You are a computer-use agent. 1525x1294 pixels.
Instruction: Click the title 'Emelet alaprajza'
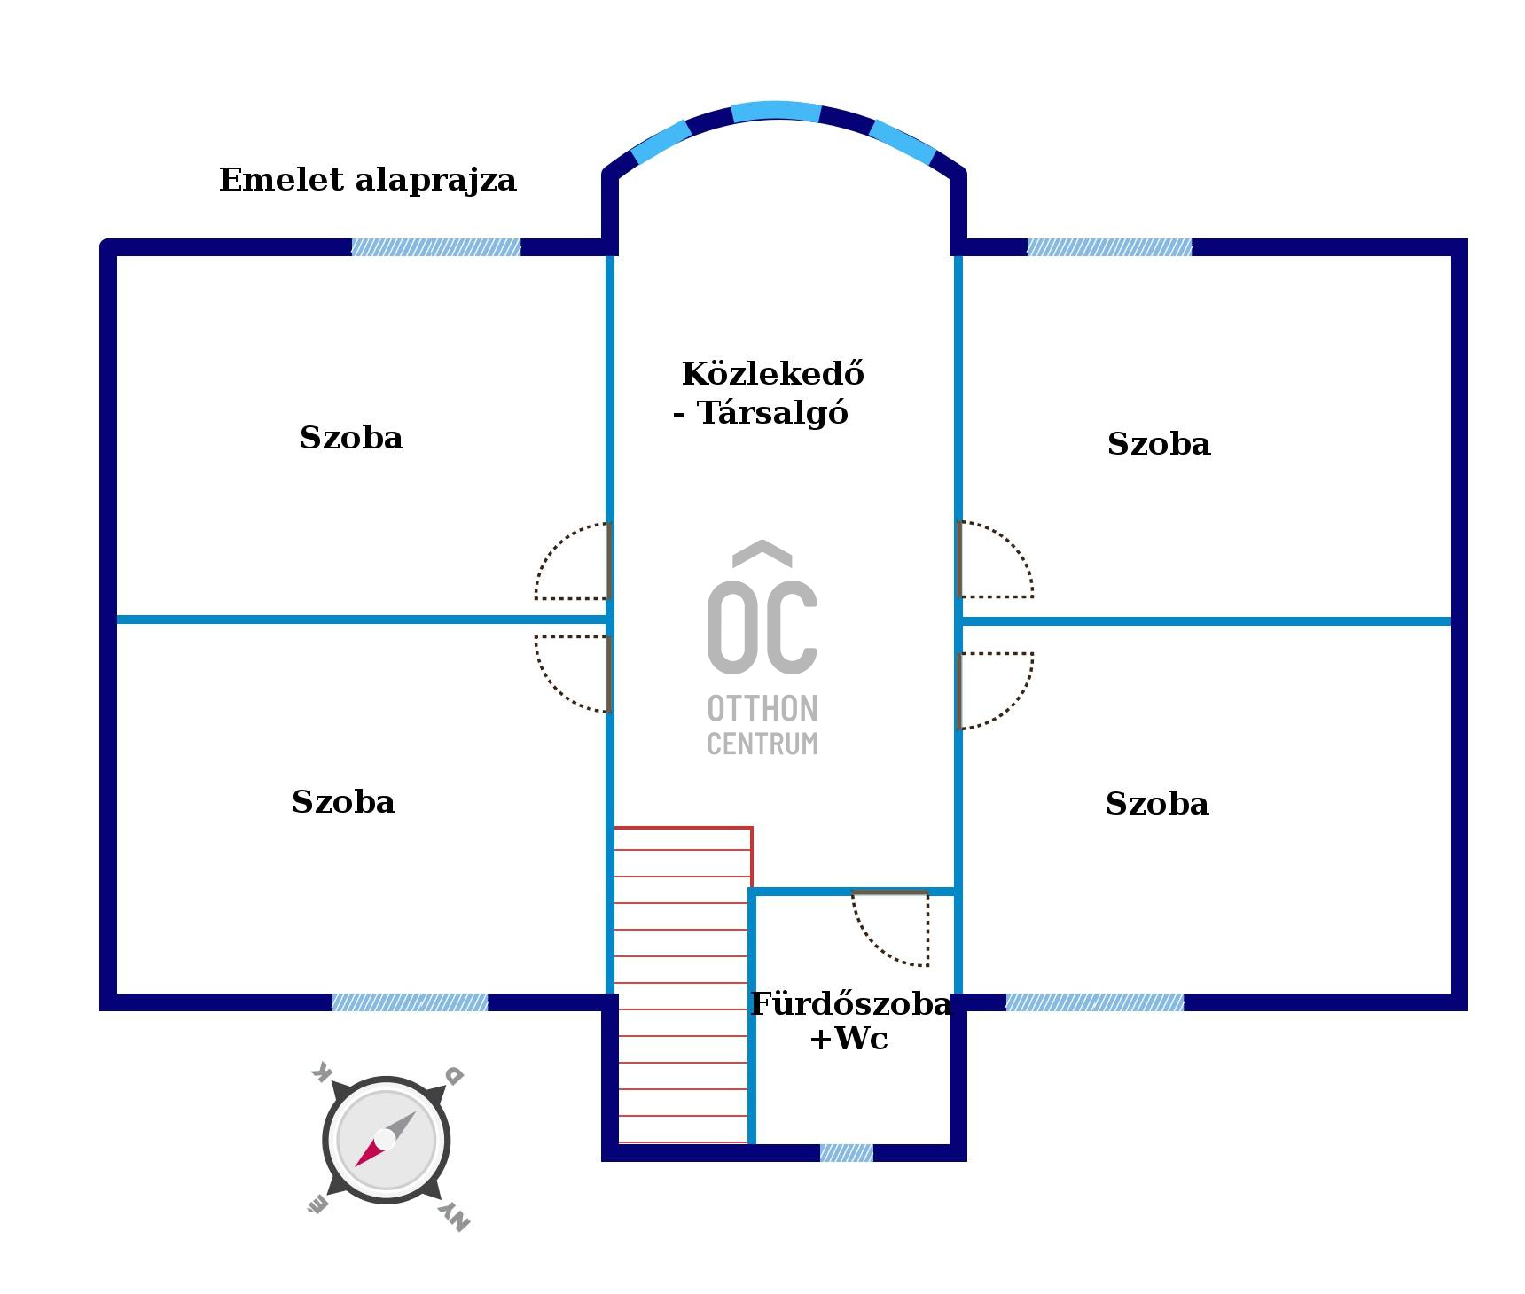(367, 180)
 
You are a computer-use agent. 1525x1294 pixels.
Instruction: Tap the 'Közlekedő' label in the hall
(772, 373)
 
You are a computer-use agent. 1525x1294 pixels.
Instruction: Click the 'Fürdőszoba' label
(850, 1003)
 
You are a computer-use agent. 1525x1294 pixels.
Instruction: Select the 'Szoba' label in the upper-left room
(351, 438)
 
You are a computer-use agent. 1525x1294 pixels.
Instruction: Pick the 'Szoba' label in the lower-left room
(343, 802)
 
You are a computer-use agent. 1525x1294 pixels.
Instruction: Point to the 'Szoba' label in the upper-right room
(1159, 444)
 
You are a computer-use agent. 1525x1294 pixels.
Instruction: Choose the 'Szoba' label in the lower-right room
(1157, 804)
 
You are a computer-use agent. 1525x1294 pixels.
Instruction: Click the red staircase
(683, 985)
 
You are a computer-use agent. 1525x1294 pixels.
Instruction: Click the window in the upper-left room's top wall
(436, 247)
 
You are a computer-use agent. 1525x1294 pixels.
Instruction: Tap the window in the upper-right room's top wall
(1109, 247)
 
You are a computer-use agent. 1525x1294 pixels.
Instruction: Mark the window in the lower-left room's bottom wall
(410, 1002)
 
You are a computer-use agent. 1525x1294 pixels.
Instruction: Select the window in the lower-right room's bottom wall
(1095, 1002)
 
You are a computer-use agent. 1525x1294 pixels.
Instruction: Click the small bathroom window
(847, 1153)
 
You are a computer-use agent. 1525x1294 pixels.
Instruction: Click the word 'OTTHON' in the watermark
(762, 709)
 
